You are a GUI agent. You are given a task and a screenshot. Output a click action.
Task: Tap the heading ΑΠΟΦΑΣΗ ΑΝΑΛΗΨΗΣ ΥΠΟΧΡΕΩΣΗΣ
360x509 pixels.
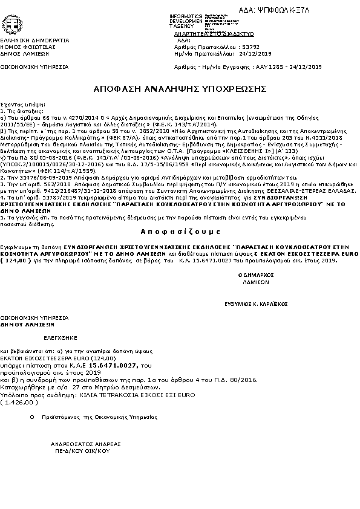point(180,88)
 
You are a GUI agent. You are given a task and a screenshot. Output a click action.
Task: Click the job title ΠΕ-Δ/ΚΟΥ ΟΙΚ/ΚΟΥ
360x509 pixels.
point(82,451)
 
